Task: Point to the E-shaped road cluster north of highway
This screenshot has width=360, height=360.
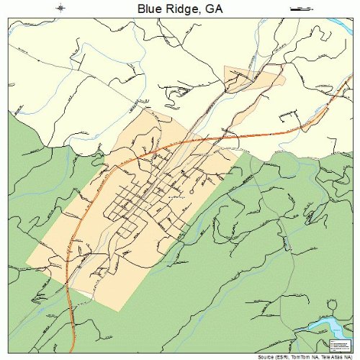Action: [x=288, y=114]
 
